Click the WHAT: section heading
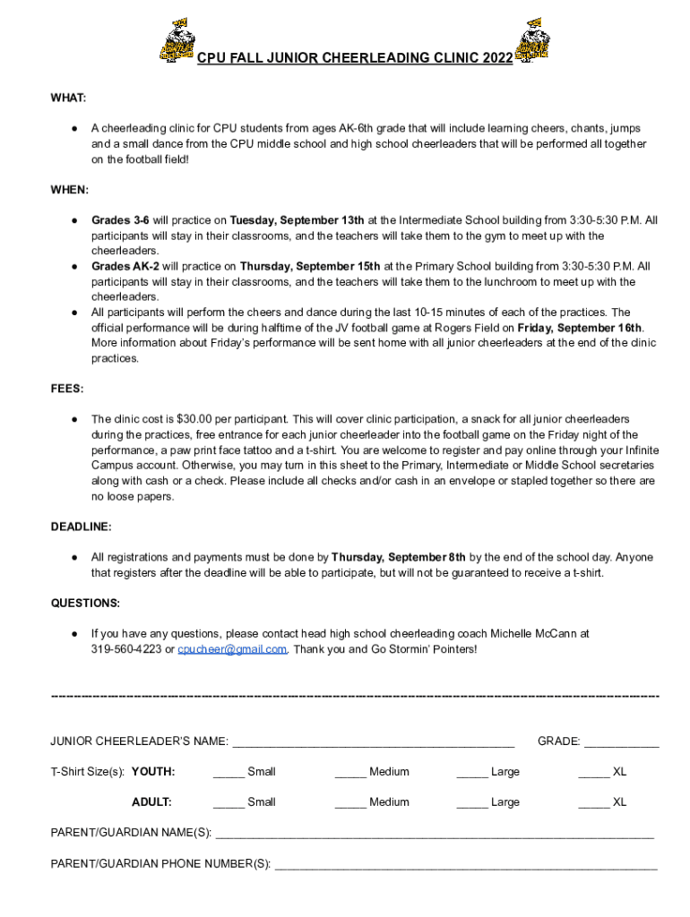coord(68,98)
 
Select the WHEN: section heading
coord(69,190)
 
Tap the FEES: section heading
coord(67,389)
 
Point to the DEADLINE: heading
coord(81,527)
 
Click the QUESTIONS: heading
coord(85,603)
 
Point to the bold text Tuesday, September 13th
coord(297,220)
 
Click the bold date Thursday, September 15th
coord(309,266)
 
